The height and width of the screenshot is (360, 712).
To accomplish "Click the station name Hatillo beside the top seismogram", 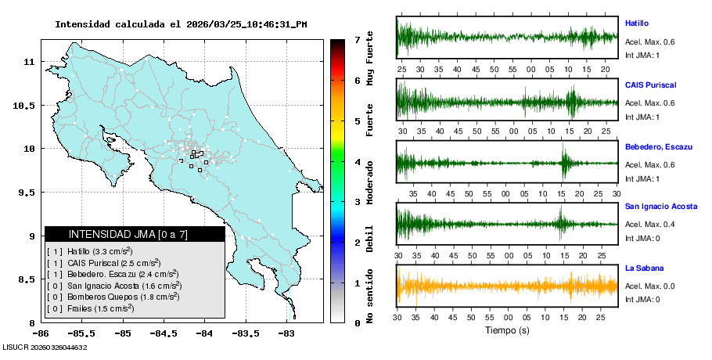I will coord(637,23).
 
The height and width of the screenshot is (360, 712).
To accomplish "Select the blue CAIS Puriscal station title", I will coord(650,85).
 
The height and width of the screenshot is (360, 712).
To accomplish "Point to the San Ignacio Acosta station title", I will coord(661,207).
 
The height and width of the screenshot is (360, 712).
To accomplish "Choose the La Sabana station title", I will coord(642,268).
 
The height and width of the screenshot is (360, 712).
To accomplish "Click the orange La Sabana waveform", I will coord(507,286).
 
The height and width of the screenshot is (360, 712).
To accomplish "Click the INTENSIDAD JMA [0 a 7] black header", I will coord(135,234).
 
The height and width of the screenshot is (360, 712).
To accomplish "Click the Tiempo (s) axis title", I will coord(507,331).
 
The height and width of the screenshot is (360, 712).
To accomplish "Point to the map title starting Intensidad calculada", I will coord(181,24).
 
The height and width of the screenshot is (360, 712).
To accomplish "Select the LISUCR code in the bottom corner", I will coord(45,347).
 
